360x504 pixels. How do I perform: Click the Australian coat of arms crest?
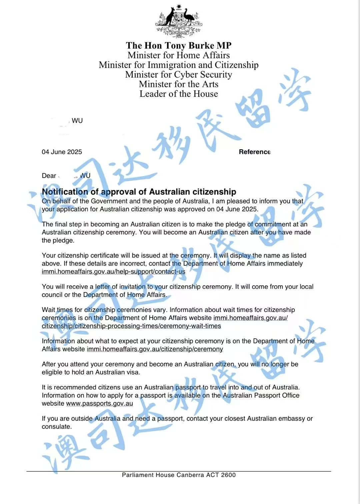[x=179, y=21]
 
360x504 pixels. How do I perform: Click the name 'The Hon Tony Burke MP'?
[x=179, y=45]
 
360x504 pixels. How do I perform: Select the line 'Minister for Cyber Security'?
[x=179, y=74]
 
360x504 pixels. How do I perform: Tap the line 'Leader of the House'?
[x=179, y=94]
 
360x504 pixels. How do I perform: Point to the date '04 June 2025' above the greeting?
[x=62, y=152]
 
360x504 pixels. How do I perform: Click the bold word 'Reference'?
[x=254, y=152]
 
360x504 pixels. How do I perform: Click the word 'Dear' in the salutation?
[x=49, y=176]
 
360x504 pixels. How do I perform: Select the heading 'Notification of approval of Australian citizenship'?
[x=139, y=192]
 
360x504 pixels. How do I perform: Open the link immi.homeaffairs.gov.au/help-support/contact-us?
[x=113, y=272]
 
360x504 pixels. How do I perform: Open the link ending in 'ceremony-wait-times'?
[x=131, y=326]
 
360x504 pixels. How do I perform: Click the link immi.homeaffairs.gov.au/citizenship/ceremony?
[x=155, y=349]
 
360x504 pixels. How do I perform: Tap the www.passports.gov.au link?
[x=99, y=403]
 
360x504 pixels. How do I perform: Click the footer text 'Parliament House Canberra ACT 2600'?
[x=179, y=475]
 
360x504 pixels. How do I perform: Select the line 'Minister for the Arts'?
[x=179, y=84]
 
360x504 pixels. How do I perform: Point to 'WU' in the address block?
[x=77, y=121]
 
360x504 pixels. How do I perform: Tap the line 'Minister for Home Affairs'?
[x=179, y=55]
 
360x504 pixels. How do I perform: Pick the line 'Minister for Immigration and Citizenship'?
[x=179, y=65]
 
